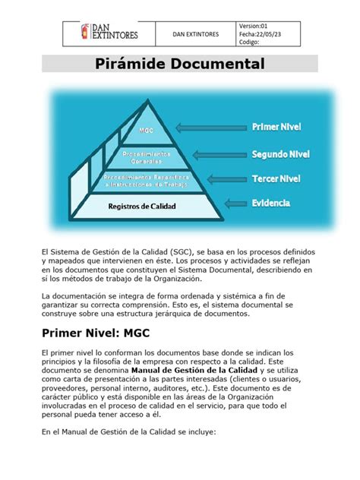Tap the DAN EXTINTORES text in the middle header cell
point(196,34)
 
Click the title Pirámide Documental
point(179,64)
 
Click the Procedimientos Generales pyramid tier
point(147,156)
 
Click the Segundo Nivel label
point(280,154)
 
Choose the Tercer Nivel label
point(277,179)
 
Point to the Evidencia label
point(271,204)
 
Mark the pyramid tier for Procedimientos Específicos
point(146,181)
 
